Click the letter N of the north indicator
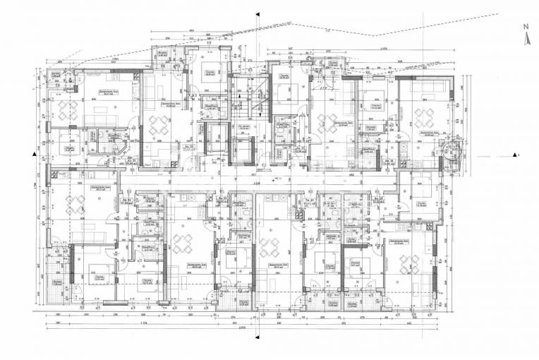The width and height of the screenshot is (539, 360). coord(525,26)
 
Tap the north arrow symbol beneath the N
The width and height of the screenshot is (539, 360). coord(525,39)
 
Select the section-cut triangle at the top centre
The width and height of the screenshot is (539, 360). coord(258,13)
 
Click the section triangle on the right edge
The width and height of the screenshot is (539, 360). coord(516,153)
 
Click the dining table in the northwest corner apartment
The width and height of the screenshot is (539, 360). coord(70,110)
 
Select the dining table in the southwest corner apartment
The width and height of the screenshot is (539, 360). coord(73,205)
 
